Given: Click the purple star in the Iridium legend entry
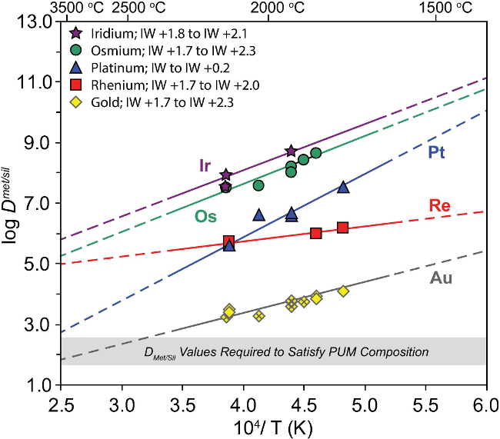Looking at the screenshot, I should coord(75,34).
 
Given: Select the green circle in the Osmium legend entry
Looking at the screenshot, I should coord(75,51).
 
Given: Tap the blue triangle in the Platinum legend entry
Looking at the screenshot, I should coord(75,68).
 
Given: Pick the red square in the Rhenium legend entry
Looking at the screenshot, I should coord(75,85).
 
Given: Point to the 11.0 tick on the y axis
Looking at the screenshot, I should coord(36,81).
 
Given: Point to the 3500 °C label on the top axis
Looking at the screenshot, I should coord(77,8).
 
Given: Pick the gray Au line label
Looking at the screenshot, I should coord(439,278).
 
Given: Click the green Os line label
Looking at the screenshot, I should coord(205,218).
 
